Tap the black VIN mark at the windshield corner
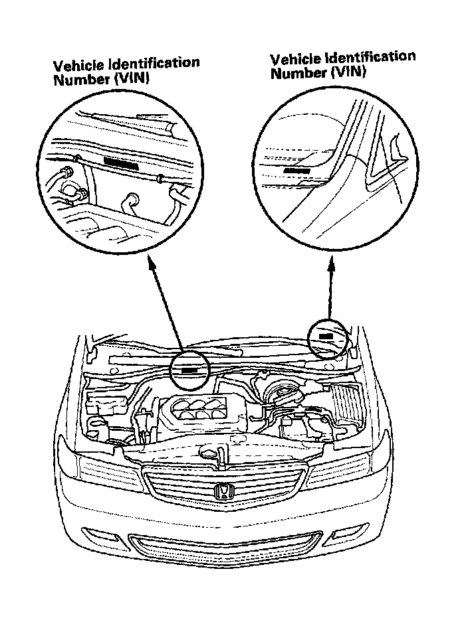coord(326,336)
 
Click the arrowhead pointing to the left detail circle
coord(152,264)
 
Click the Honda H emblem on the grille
coord(223,491)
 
